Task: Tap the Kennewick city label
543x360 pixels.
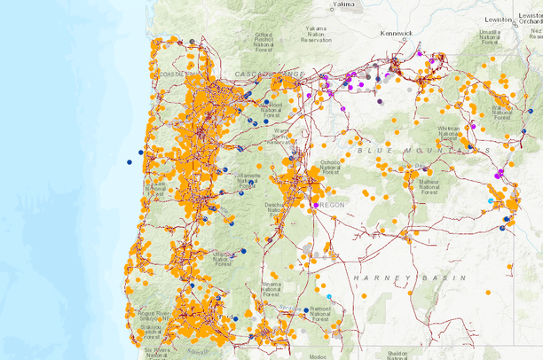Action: (397, 33)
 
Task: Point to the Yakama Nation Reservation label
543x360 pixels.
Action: (321, 35)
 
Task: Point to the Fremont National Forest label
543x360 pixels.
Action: (322, 312)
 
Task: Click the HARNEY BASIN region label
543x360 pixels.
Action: (409, 278)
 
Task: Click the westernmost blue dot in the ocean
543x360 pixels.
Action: (129, 162)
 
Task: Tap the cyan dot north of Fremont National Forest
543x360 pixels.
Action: (330, 296)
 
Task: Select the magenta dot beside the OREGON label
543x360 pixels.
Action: (314, 206)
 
